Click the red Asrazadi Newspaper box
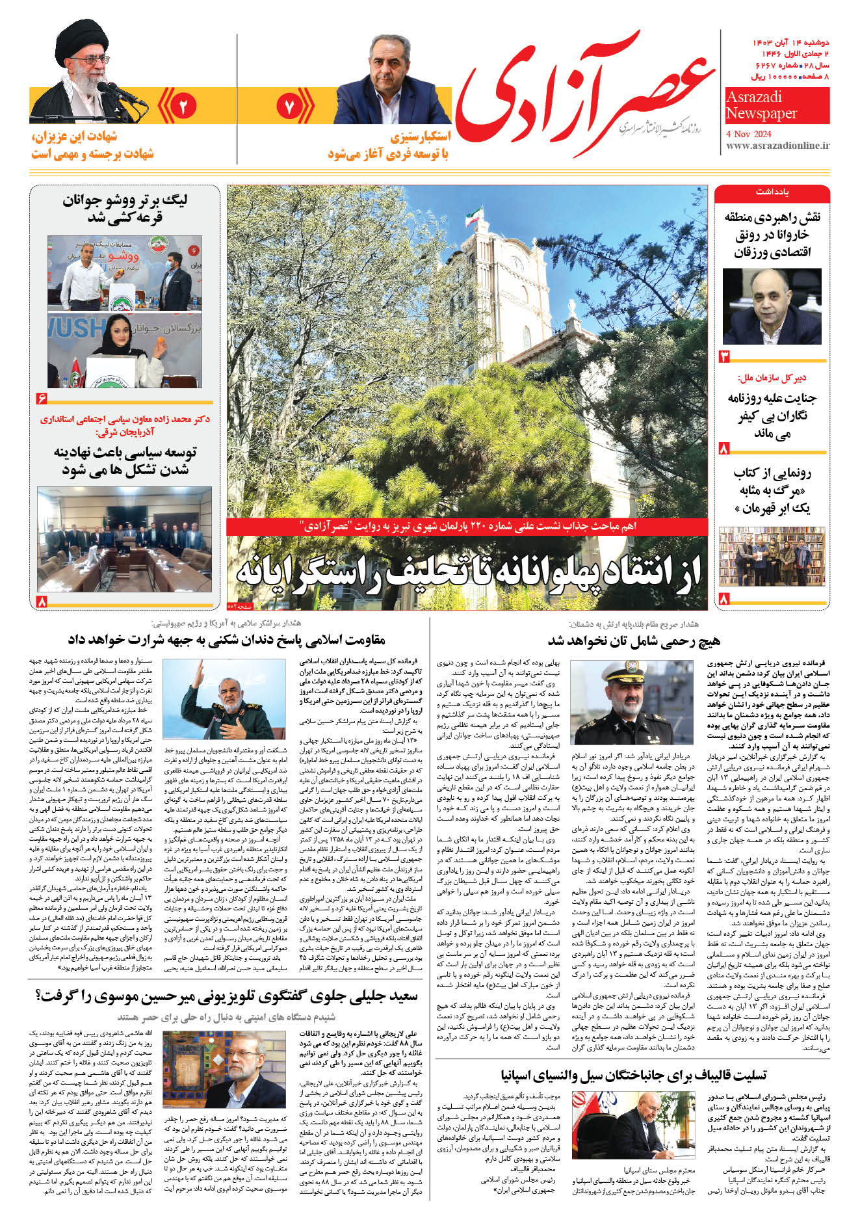pyautogui.click(x=777, y=105)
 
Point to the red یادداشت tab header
pyautogui.click(x=772, y=193)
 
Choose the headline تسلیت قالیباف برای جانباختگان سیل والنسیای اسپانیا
pyautogui.click(x=634, y=1075)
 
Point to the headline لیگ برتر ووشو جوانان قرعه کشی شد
pyautogui.click(x=124, y=209)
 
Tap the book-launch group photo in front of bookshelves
pyautogui.click(x=772, y=556)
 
